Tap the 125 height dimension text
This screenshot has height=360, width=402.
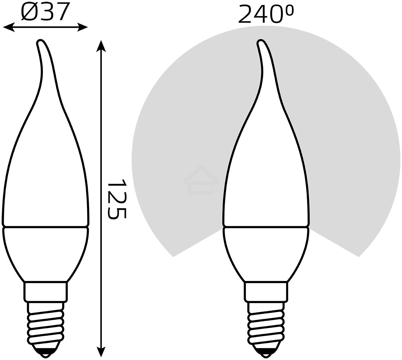click(117, 199)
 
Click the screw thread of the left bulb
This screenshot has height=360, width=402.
click(45, 321)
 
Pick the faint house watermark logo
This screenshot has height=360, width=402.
click(201, 181)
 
